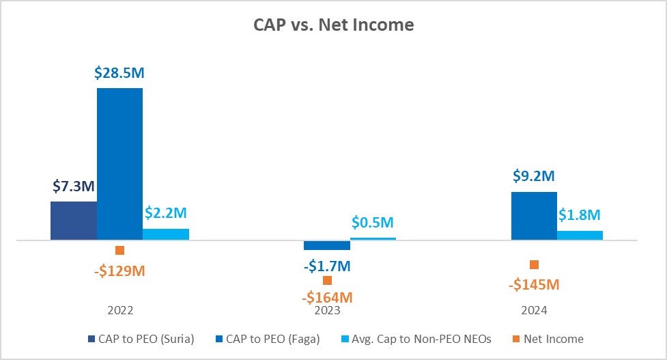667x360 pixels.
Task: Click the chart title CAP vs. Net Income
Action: (332, 26)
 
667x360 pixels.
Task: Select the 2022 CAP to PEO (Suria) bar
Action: (74, 221)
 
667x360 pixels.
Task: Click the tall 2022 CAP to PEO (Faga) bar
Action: (119, 164)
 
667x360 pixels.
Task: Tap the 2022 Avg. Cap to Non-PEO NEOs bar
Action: (166, 234)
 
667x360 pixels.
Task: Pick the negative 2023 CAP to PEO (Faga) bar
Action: (327, 245)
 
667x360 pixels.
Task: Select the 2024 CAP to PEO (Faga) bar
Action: (534, 216)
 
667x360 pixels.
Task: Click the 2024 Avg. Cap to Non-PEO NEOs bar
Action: (580, 236)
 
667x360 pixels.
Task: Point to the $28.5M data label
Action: (119, 73)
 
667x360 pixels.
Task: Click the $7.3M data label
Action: (74, 186)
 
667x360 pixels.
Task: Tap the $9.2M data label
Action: (535, 176)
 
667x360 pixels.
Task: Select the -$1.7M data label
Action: (326, 265)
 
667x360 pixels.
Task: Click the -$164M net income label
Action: (326, 297)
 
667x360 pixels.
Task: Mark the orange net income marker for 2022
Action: (120, 251)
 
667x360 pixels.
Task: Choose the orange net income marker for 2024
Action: (535, 264)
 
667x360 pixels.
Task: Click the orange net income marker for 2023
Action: (327, 280)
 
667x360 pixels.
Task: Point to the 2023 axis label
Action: (327, 310)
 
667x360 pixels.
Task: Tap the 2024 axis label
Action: (535, 310)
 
